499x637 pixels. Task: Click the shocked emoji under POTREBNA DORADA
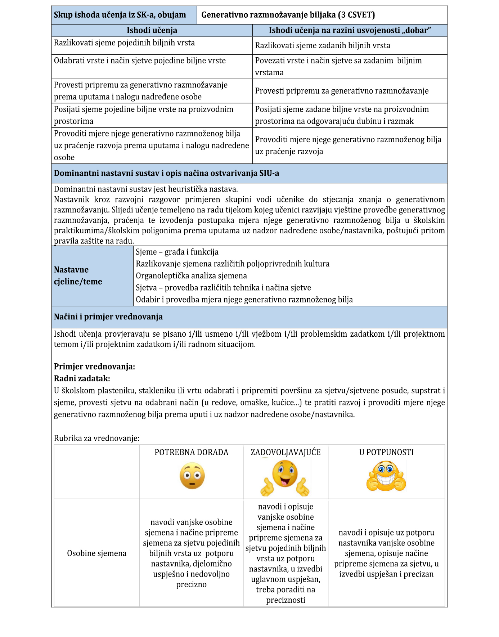192,476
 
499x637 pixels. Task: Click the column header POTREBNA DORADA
191,452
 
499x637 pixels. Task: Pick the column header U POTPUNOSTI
386,452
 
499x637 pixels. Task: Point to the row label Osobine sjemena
96,553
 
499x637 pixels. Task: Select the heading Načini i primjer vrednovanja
108,317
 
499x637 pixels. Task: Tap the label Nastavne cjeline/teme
78,275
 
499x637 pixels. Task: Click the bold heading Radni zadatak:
82,378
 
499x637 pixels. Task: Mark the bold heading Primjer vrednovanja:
94,367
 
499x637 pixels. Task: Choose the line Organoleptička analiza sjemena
191,275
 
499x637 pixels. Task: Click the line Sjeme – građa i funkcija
177,252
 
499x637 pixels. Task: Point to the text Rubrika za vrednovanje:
96,438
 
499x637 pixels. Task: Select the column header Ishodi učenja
152,30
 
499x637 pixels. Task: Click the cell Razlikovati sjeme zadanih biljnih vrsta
322,45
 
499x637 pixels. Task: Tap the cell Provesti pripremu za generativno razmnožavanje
342,91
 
